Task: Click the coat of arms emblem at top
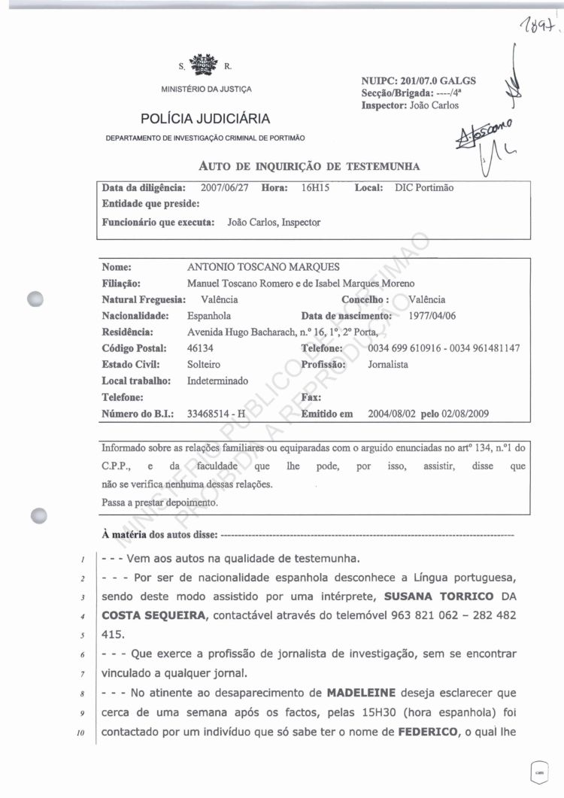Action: pyautogui.click(x=202, y=64)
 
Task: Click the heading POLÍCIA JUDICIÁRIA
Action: pyautogui.click(x=205, y=118)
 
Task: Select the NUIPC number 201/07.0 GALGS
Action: pyautogui.click(x=418, y=81)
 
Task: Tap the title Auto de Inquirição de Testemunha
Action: pyautogui.click(x=309, y=165)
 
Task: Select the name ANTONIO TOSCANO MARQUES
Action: pyautogui.click(x=263, y=267)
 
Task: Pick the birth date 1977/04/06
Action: pyautogui.click(x=434, y=316)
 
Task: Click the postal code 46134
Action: pyautogui.click(x=201, y=348)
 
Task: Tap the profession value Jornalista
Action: pyautogui.click(x=388, y=364)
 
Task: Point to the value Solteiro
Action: pyautogui.click(x=204, y=364)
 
